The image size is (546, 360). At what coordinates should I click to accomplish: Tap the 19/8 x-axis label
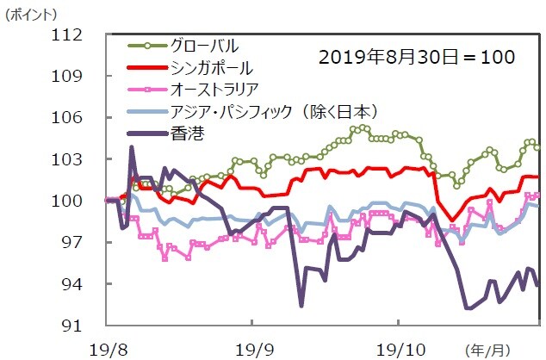(106, 349)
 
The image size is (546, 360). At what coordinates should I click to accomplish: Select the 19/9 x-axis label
(251, 349)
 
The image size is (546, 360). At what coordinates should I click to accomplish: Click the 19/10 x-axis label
(398, 349)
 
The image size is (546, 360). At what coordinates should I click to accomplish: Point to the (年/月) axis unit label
(487, 349)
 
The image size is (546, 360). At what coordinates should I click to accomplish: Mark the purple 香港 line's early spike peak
(132, 147)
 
